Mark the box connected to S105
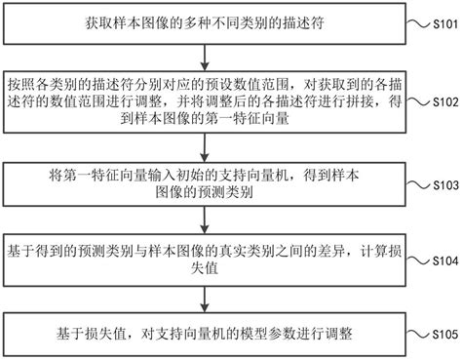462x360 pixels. pyautogui.click(x=203, y=333)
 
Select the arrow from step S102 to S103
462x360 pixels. pyautogui.click(x=203, y=148)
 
